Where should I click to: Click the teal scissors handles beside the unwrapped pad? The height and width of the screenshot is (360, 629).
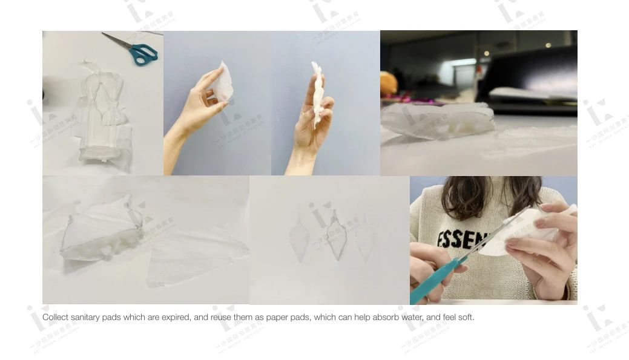click(x=144, y=54)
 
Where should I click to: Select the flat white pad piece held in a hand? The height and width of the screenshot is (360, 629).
click(x=222, y=83)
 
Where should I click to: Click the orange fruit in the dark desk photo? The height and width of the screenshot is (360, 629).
click(x=387, y=83)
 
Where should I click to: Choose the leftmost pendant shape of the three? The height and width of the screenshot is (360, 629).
click(x=299, y=238)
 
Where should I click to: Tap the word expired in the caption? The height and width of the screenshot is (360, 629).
click(x=176, y=317)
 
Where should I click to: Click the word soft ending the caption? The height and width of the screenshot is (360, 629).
click(x=466, y=317)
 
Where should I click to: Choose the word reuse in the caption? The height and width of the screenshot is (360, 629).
click(x=222, y=317)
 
